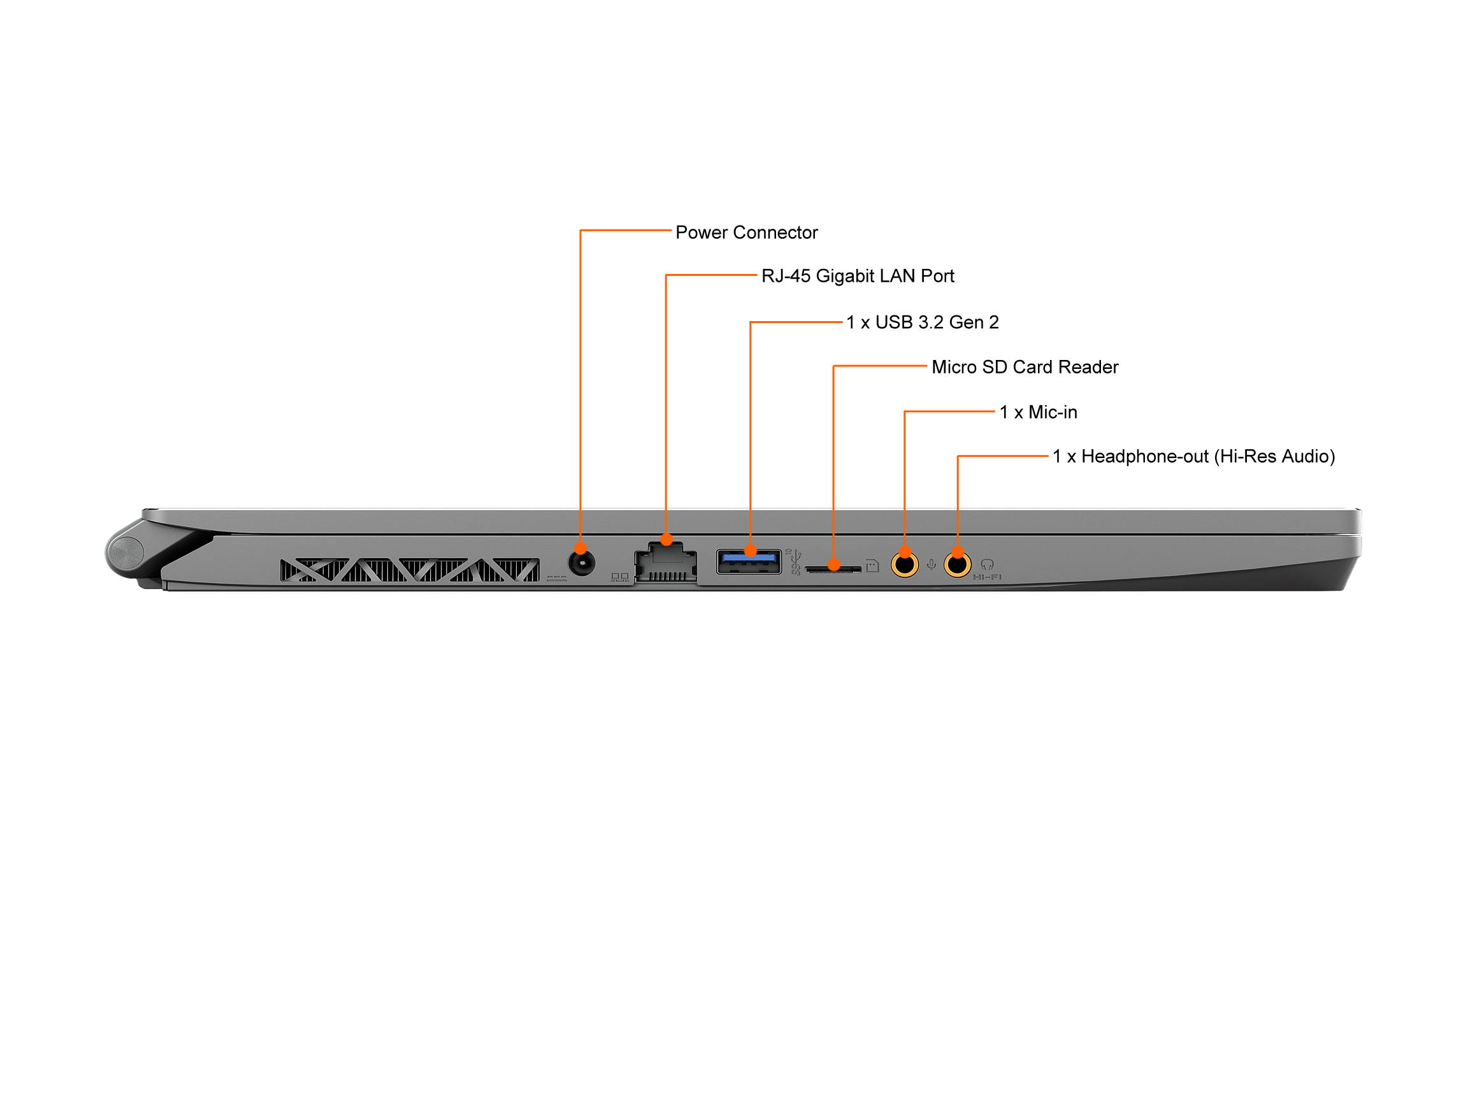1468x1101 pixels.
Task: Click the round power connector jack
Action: click(581, 564)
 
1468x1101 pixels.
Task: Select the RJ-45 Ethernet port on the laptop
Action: click(666, 563)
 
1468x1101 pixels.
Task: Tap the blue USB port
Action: click(749, 561)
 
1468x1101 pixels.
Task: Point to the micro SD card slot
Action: click(833, 568)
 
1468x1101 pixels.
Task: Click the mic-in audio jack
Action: click(905, 565)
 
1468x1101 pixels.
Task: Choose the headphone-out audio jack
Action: click(957, 565)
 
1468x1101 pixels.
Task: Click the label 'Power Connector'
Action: click(746, 233)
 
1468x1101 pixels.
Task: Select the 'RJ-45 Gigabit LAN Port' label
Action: click(858, 276)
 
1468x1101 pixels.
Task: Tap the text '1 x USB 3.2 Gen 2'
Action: click(922, 322)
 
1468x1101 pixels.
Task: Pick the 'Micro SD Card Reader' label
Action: click(1025, 367)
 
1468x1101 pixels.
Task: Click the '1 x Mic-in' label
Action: click(1038, 412)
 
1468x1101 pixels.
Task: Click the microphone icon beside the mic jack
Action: click(931, 565)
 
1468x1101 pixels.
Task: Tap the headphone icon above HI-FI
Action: click(987, 565)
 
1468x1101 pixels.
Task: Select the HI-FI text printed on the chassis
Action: click(987, 577)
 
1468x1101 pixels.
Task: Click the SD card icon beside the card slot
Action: click(872, 565)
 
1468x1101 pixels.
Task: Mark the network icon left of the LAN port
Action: click(620, 577)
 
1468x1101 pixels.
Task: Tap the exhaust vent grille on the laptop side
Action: click(410, 570)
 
